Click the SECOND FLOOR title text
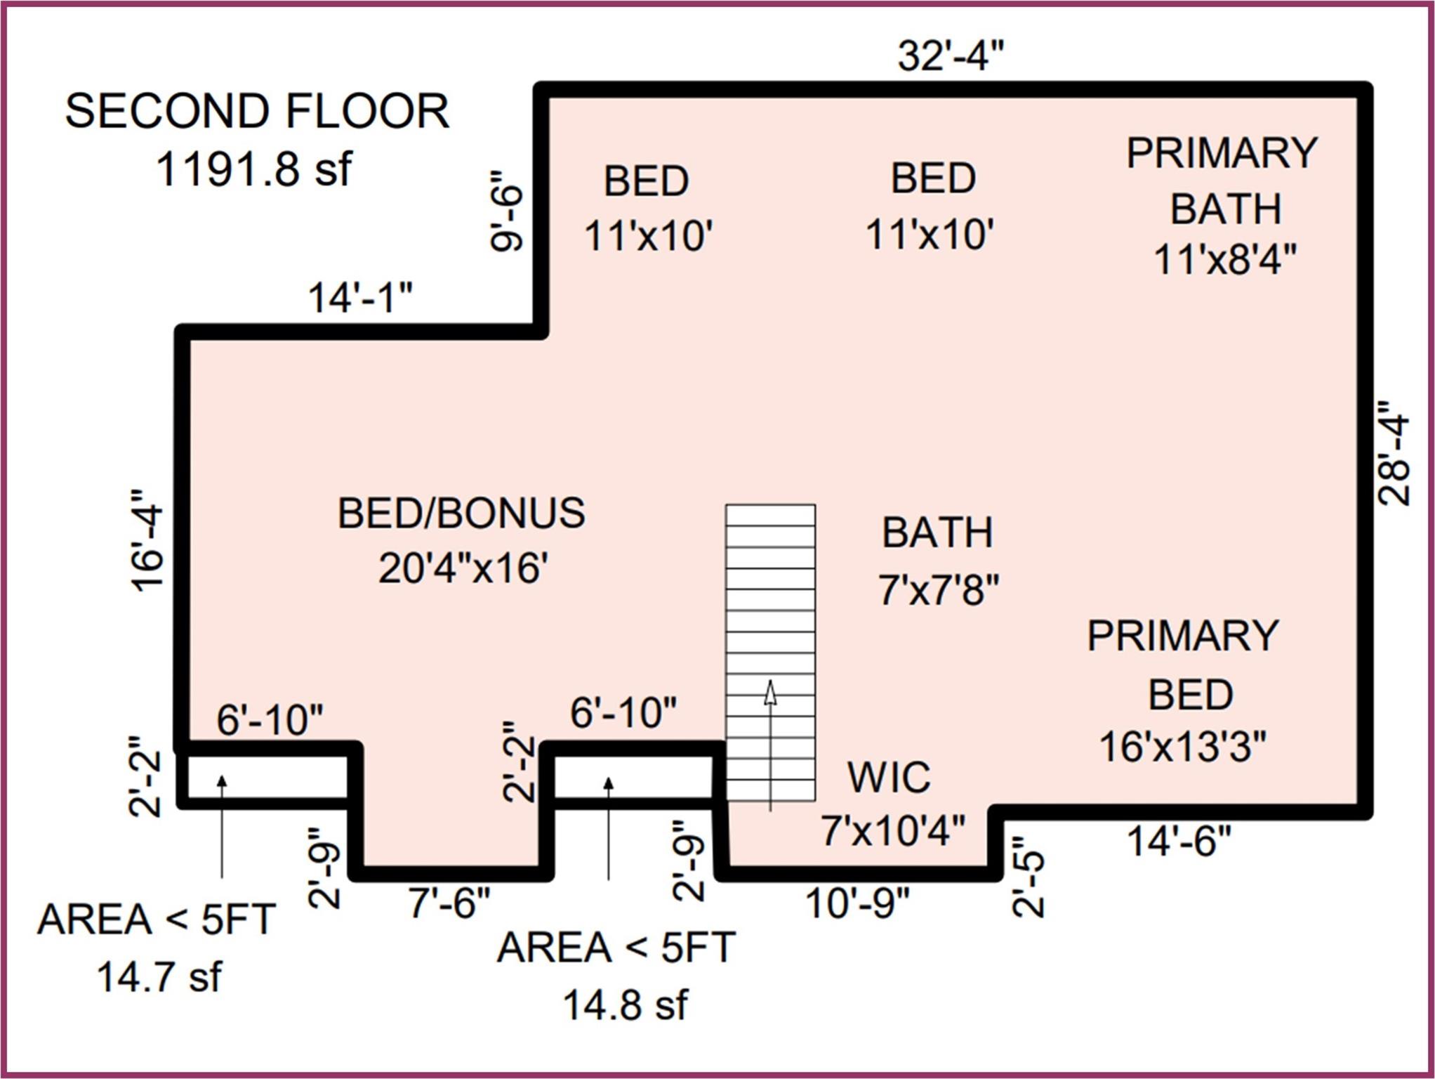[x=257, y=111]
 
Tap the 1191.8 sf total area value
[x=253, y=169]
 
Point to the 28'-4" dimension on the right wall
[x=1394, y=454]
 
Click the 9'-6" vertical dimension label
[x=507, y=210]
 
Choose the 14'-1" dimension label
[x=360, y=297]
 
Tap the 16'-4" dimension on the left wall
[x=147, y=540]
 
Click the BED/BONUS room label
[x=461, y=513]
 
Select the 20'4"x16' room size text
[x=463, y=568]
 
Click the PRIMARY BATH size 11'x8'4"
[x=1225, y=259]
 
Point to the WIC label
[x=889, y=777]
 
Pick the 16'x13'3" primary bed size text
[x=1183, y=746]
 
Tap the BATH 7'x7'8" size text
[x=938, y=589]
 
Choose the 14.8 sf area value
[x=625, y=1005]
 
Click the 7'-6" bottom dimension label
[x=449, y=902]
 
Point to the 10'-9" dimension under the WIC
[x=857, y=903]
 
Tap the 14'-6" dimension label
[x=1179, y=841]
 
